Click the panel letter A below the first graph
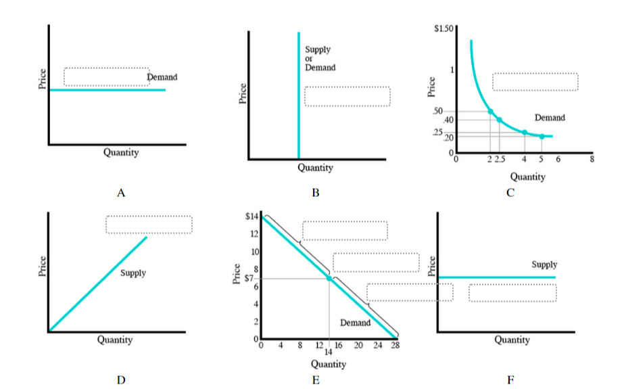point(121,193)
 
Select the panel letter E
point(315,380)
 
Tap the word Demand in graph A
point(162,77)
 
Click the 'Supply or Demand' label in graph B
point(320,59)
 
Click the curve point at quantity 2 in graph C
point(490,111)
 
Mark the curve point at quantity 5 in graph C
point(542,136)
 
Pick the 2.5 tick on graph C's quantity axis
point(500,159)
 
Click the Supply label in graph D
point(133,273)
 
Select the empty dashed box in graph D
point(149,225)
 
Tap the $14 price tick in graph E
point(251,216)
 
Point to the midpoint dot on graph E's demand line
point(329,278)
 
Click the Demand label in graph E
point(355,323)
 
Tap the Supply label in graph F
point(544,265)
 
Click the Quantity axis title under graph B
point(315,168)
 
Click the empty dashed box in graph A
point(106,77)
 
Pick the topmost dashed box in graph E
point(345,230)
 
